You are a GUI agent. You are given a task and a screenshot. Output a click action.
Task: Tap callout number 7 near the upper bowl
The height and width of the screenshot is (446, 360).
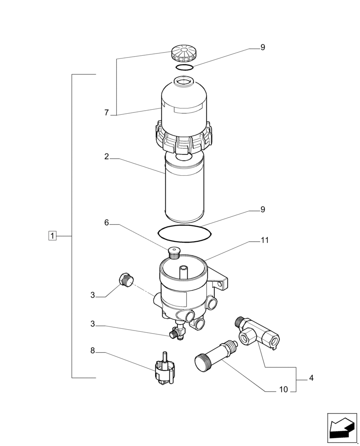point(106,113)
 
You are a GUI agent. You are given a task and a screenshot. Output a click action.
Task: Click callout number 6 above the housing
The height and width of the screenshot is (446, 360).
point(106,223)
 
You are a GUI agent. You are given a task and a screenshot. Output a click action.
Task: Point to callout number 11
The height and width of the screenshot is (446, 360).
point(265,240)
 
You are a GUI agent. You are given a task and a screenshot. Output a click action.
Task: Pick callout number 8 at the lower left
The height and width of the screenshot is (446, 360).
point(93,351)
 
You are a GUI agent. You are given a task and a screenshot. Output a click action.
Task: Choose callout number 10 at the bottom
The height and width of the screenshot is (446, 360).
point(284,389)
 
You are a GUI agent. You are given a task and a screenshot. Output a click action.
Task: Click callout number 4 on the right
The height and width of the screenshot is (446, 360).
point(311,378)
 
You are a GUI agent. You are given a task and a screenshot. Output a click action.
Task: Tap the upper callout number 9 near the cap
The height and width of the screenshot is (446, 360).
point(263,47)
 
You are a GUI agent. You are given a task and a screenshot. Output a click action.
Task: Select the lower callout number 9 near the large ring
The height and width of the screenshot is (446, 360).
point(263,209)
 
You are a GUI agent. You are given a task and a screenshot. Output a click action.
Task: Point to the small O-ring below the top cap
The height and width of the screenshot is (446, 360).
point(184,68)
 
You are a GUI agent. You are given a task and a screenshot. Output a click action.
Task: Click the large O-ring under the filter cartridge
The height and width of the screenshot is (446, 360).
point(184,233)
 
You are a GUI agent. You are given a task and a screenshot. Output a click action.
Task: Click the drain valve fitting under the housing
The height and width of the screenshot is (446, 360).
point(177,332)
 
